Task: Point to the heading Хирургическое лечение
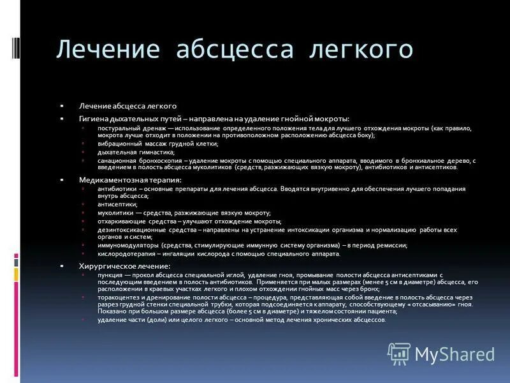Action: (x=124, y=266)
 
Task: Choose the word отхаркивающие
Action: (x=119, y=221)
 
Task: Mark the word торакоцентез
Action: (x=117, y=297)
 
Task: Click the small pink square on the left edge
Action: (x=17, y=261)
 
